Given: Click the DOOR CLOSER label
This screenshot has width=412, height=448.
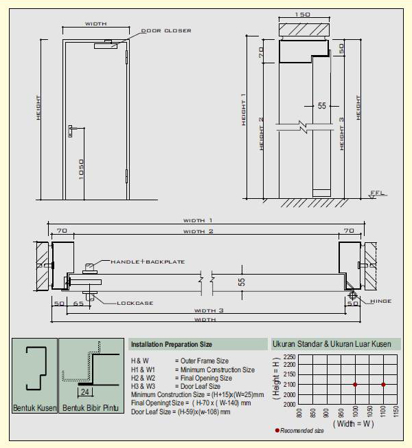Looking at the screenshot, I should [x=166, y=31].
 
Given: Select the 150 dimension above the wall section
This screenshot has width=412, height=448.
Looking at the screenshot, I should [x=301, y=14].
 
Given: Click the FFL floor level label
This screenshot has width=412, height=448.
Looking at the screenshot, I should [x=378, y=193].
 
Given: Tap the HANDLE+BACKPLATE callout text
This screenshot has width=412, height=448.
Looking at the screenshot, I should [x=148, y=262].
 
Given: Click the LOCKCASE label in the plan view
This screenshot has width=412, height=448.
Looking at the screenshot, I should [x=135, y=303].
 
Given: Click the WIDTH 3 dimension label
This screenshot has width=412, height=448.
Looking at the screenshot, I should [x=211, y=310].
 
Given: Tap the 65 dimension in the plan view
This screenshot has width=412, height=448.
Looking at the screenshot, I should [x=78, y=303].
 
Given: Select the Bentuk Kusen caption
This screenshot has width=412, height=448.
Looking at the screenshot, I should [x=34, y=409].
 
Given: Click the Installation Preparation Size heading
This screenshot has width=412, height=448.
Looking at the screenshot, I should [x=171, y=344].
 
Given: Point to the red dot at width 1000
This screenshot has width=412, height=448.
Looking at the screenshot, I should [x=355, y=385].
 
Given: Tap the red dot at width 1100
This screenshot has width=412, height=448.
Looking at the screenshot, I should [x=383, y=385].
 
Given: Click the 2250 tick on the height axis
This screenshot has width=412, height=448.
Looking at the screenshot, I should [x=290, y=357].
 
